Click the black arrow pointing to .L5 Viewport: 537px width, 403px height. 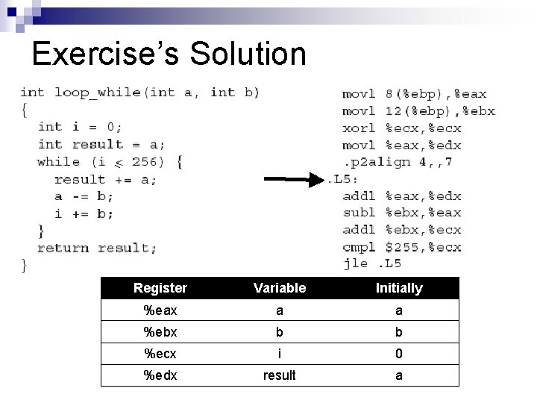pyautogui.click(x=295, y=179)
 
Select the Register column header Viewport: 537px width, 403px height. pyautogui.click(x=160, y=288)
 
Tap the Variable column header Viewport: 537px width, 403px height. pyautogui.click(x=280, y=288)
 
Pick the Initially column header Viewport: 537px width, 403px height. pyautogui.click(x=399, y=288)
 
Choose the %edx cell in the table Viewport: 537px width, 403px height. pyautogui.click(x=160, y=375)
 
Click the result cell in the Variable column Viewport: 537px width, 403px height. pyautogui.click(x=280, y=375)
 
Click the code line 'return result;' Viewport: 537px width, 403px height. pyautogui.click(x=98, y=248)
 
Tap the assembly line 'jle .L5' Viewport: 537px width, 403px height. pyautogui.click(x=372, y=263)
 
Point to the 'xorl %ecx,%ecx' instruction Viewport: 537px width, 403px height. pyautogui.click(x=402, y=128)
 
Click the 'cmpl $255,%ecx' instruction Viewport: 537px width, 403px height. pyautogui.click(x=402, y=246)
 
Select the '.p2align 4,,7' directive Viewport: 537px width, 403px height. pyautogui.click(x=398, y=162)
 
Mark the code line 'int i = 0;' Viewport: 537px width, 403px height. pyautogui.click(x=81, y=127)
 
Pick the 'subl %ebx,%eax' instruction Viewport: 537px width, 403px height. pyautogui.click(x=402, y=213)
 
